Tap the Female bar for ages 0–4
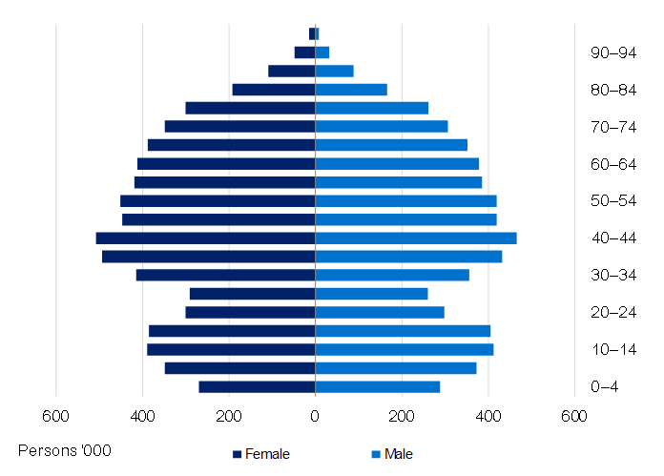coord(257,386)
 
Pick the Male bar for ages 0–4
coord(378,386)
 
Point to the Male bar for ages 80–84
coord(351,90)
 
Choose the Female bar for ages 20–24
coord(250,312)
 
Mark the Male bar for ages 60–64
coord(397,164)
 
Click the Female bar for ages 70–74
coord(239,127)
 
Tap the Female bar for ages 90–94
coord(304,52)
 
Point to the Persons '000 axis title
coord(65,449)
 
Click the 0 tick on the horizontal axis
coord(315,416)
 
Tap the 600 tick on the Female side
coord(55,416)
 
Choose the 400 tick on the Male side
coord(488,416)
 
